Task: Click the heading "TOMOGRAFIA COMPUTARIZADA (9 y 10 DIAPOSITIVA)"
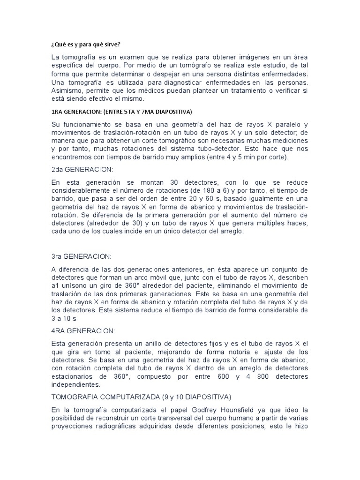pos(141,397)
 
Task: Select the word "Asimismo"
pos(68,91)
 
